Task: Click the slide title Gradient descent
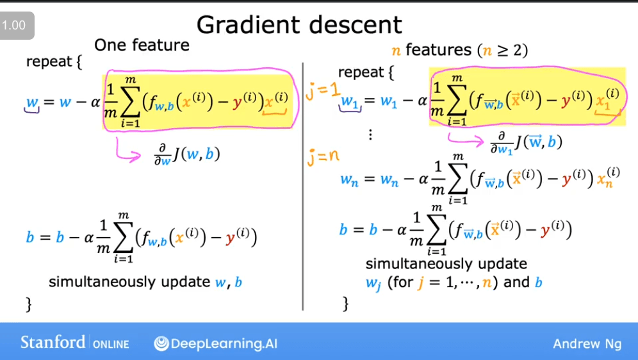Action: pos(299,24)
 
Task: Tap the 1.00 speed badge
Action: pos(14,26)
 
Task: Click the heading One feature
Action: pos(142,45)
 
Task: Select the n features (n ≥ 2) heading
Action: pos(459,50)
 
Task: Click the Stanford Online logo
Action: pos(74,343)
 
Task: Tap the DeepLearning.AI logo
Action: pos(216,343)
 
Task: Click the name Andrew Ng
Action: pos(587,344)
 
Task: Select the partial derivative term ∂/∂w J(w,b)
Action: pos(187,154)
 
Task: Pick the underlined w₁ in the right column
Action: pos(350,102)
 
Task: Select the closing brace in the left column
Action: pos(28,304)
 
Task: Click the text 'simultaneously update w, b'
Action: pos(145,282)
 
